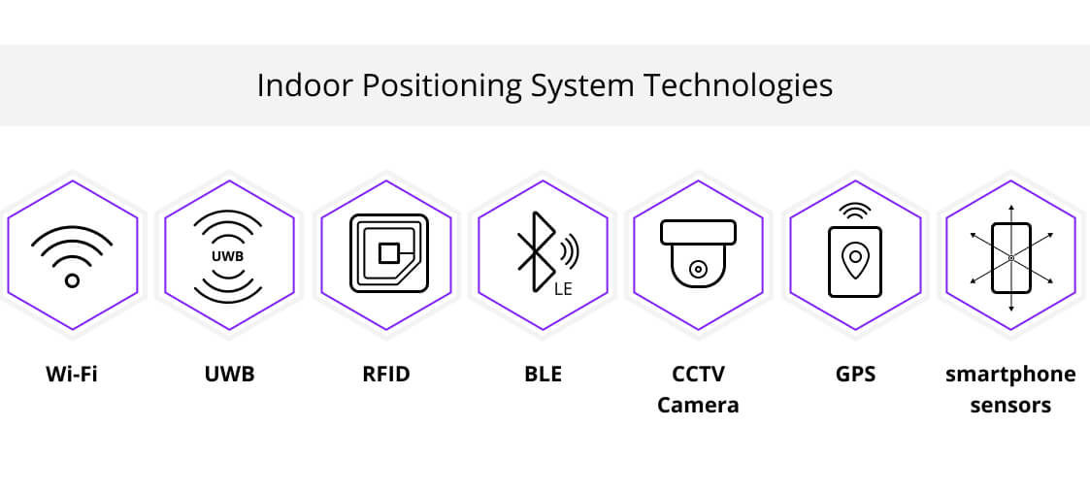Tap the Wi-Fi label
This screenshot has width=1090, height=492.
(x=72, y=375)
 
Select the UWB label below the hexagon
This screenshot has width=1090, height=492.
(x=229, y=375)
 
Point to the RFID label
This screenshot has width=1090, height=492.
(x=385, y=375)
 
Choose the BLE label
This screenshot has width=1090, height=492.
(x=543, y=375)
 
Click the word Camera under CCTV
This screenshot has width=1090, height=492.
(x=698, y=405)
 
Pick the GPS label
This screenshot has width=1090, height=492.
(x=855, y=375)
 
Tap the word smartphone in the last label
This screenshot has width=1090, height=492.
(x=1010, y=376)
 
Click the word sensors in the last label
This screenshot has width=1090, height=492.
(x=1010, y=405)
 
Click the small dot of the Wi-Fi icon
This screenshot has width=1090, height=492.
(x=72, y=280)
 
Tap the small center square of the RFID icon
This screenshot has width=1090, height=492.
(x=388, y=253)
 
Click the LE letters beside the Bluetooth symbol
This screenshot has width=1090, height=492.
(x=563, y=289)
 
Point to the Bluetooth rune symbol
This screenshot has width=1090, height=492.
(x=534, y=251)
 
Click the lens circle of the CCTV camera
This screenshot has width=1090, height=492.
(x=696, y=268)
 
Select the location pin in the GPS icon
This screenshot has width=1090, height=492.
(x=855, y=260)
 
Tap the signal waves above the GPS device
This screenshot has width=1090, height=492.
(x=855, y=211)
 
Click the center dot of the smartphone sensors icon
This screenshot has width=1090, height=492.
(x=1011, y=258)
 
